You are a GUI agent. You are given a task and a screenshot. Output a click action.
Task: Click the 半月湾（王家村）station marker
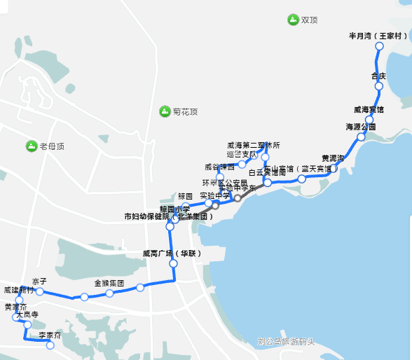click(380, 46)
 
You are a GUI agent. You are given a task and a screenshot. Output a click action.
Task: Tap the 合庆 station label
click(378, 76)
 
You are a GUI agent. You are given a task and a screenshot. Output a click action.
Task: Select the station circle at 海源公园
click(361, 137)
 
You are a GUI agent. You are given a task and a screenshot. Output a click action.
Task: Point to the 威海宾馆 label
click(369, 110)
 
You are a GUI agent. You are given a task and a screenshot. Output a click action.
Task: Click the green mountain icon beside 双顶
click(292, 19)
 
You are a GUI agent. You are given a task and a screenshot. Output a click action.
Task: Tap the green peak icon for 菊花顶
click(164, 111)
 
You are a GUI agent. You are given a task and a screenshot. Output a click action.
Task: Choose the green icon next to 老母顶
click(31, 146)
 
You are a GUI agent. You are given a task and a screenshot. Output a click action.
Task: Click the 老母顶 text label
click(52, 146)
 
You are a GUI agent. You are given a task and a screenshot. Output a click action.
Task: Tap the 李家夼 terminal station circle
click(50, 345)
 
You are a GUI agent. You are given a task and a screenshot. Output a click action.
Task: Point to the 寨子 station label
click(39, 281)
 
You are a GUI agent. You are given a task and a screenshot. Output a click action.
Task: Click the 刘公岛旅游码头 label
click(286, 342)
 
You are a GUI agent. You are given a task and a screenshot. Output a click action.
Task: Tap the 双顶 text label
click(310, 20)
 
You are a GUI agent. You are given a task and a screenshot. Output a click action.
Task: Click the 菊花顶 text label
click(185, 111)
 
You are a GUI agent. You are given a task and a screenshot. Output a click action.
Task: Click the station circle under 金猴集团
click(109, 293)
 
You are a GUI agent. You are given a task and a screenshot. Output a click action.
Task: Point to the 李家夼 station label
click(50, 335)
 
